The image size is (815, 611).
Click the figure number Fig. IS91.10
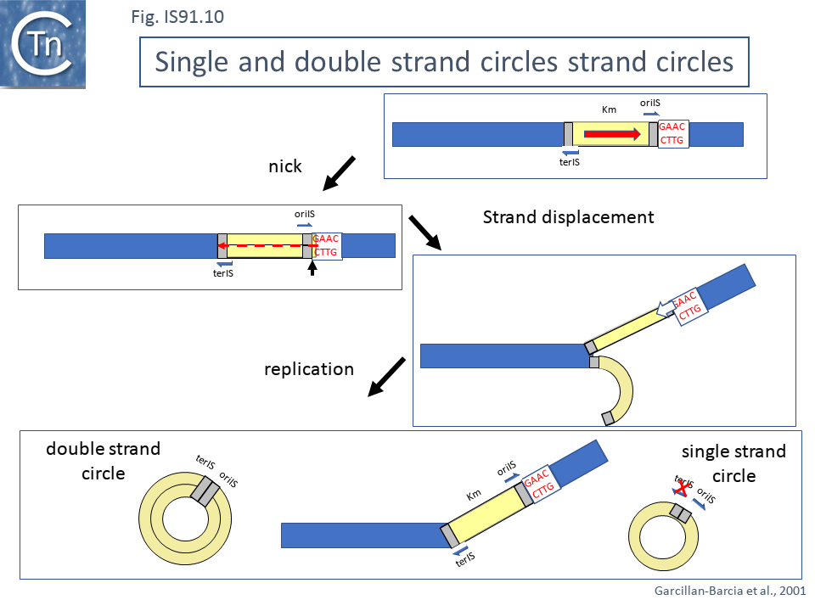[177, 16]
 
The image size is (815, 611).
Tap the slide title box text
[444, 62]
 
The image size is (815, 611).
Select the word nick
[285, 166]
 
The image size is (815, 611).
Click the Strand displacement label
[568, 217]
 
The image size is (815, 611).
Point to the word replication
[308, 369]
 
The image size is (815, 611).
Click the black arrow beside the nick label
[340, 173]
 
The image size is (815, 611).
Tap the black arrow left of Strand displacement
[424, 233]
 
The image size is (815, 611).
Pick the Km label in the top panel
[608, 110]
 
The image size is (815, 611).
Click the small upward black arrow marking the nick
[312, 268]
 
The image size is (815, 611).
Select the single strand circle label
[733, 463]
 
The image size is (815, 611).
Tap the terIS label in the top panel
[570, 160]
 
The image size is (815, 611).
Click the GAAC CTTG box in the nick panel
[327, 245]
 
